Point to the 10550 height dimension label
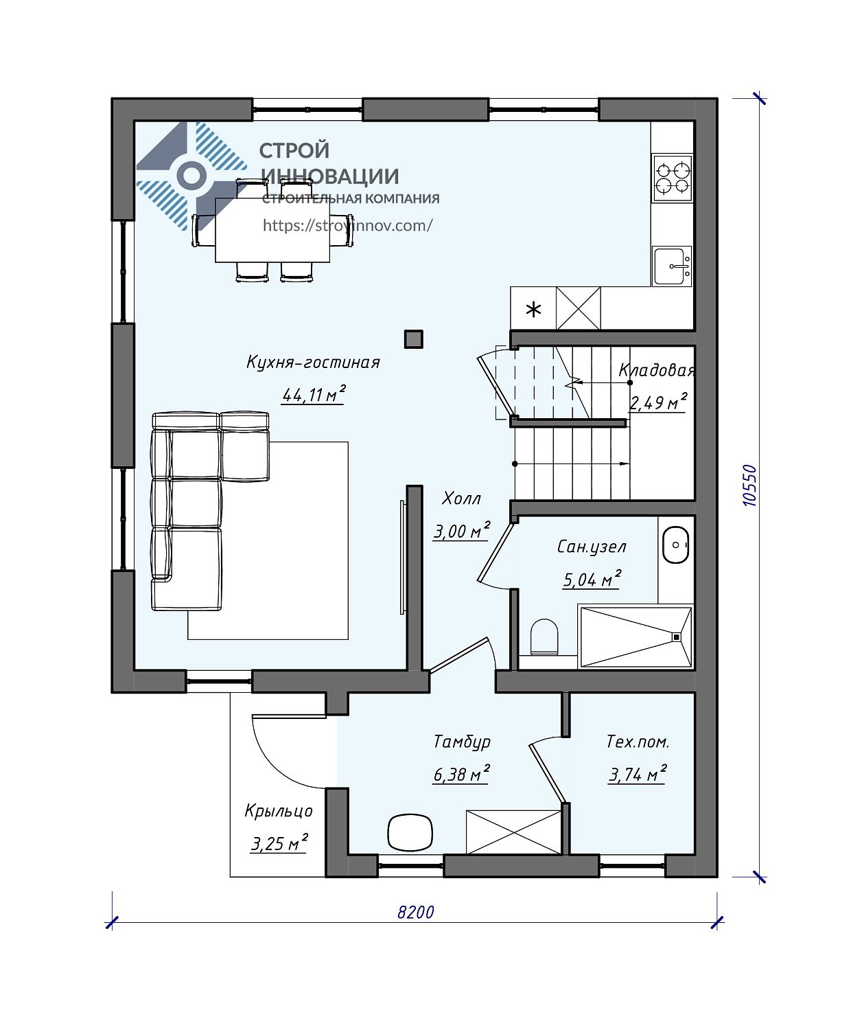(x=749, y=485)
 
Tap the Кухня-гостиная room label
(x=313, y=363)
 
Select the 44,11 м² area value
(x=313, y=394)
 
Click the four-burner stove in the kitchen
(x=672, y=178)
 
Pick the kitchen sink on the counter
(x=672, y=266)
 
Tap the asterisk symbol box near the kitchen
(x=533, y=308)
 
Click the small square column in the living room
(x=413, y=339)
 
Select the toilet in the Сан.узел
(x=544, y=637)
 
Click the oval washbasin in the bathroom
(x=675, y=545)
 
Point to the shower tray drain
(x=677, y=637)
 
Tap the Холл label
(x=461, y=499)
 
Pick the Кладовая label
(x=657, y=370)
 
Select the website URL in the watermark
(x=347, y=225)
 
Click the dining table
(x=272, y=230)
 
